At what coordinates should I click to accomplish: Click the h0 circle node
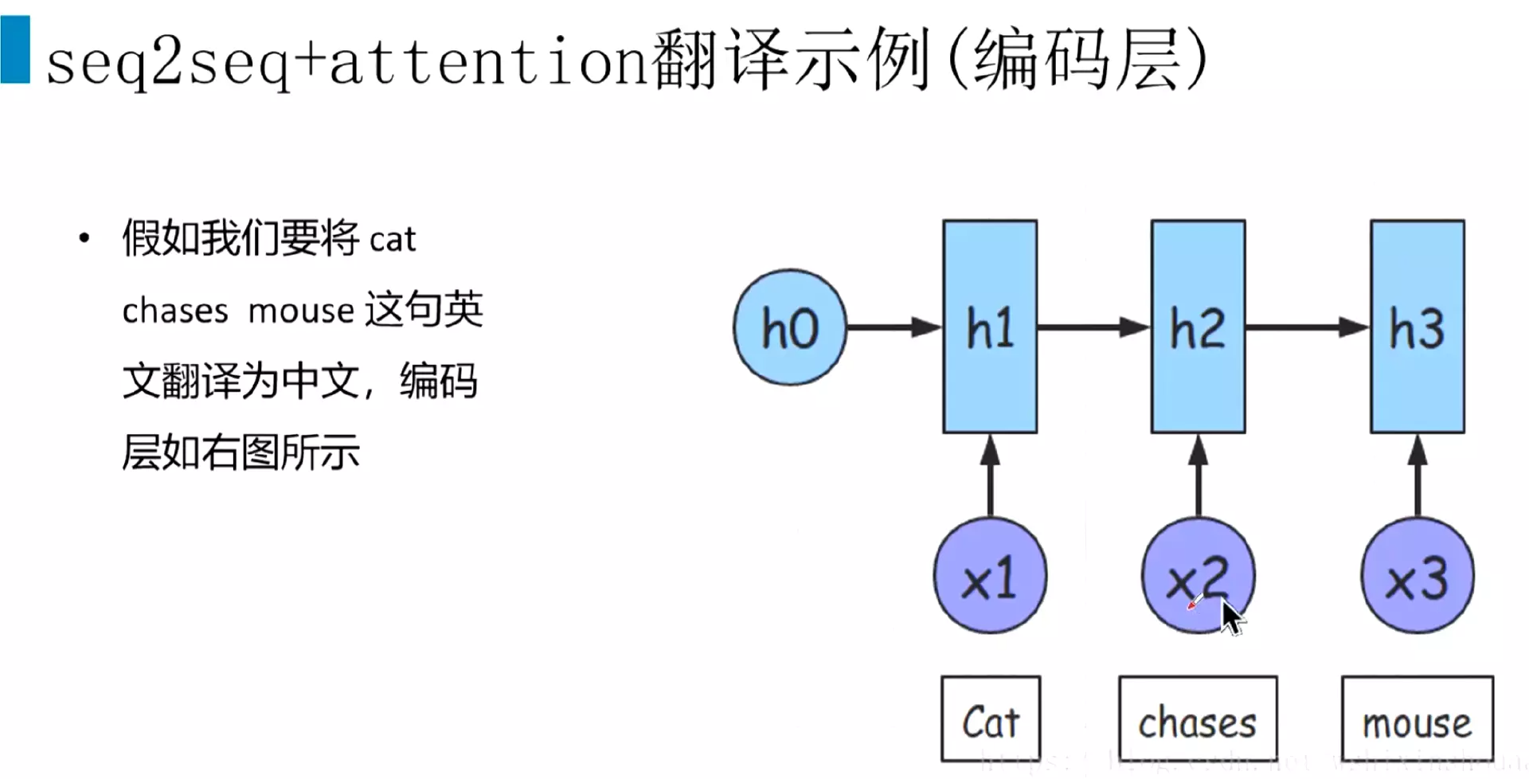tap(789, 327)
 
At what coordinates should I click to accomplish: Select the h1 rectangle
tap(990, 327)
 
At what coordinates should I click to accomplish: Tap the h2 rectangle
tap(1198, 327)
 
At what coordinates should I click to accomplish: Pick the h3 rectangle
tap(1417, 327)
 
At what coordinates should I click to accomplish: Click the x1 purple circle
tap(990, 576)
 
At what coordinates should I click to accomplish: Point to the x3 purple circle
tap(1417, 576)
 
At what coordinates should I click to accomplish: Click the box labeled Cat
tap(991, 719)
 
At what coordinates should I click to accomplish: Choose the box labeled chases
tap(1198, 719)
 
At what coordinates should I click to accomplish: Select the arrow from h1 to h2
tap(1093, 327)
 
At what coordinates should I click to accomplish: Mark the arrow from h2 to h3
tap(1307, 327)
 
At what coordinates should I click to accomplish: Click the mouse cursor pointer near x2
tap(1231, 618)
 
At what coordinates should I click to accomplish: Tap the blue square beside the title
tap(15, 49)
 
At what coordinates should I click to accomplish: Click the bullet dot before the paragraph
tap(84, 238)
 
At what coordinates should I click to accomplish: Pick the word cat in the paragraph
tap(393, 240)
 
